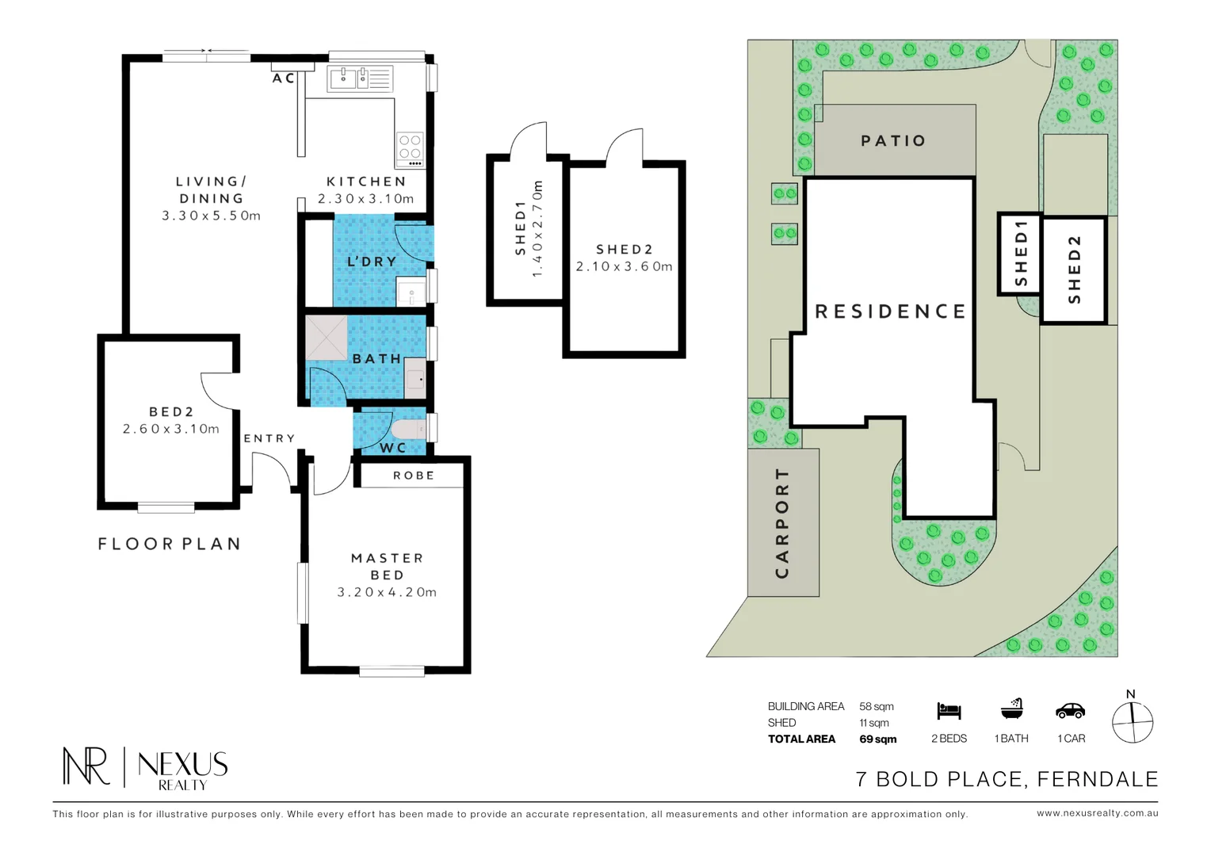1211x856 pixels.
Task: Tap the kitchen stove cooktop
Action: click(410, 148)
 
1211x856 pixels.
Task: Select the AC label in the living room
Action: click(283, 78)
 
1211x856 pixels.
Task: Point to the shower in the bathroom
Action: click(326, 338)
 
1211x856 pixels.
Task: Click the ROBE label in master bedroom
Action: click(413, 476)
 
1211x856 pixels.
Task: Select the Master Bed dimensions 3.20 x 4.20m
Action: click(387, 592)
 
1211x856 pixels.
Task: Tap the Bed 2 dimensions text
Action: click(171, 429)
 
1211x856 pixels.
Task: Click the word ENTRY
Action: click(269, 438)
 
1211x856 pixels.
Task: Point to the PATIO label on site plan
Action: click(893, 141)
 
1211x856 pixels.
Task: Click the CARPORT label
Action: click(782, 522)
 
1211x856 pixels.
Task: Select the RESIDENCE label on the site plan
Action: click(891, 311)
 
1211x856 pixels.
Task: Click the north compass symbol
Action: click(1132, 721)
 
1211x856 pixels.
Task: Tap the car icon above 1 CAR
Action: click(1070, 711)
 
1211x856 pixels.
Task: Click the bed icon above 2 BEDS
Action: click(948, 711)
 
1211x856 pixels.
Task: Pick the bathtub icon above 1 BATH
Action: click(1011, 709)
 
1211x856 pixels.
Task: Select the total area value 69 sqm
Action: click(878, 739)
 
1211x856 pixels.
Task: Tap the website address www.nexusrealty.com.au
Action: click(1097, 813)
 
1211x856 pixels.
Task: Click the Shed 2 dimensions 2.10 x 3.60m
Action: click(624, 267)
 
